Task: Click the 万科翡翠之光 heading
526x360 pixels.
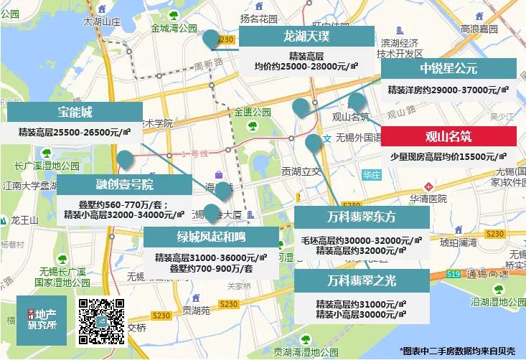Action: (362, 280)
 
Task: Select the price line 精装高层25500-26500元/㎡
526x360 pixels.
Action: (75, 131)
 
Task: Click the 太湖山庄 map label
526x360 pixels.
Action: (101, 22)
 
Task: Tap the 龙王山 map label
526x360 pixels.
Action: (25, 219)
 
